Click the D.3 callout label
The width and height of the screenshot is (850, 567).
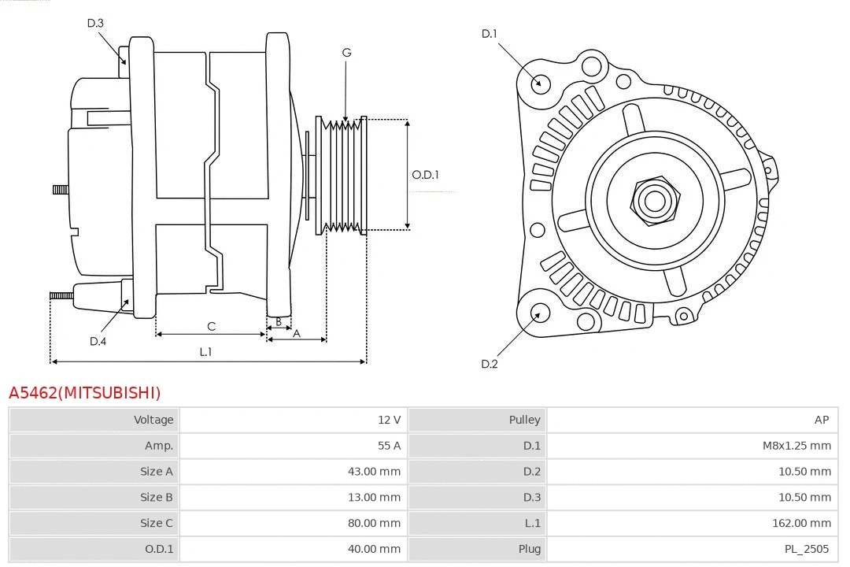point(95,23)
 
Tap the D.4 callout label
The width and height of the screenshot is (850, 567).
point(98,341)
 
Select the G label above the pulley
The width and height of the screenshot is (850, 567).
point(346,53)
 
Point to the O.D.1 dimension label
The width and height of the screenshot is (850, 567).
point(425,175)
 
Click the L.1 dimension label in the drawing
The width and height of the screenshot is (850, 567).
point(205,352)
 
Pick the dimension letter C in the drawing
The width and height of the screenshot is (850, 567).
point(211,326)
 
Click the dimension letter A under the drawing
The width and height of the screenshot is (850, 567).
point(297,333)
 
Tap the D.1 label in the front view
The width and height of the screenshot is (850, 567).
point(490,33)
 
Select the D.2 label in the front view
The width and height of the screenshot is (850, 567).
point(490,364)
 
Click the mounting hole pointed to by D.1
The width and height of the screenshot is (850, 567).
point(541,82)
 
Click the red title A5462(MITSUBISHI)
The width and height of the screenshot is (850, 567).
point(84,392)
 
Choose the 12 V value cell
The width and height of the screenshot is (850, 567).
point(389,420)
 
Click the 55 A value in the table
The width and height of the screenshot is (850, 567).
point(389,446)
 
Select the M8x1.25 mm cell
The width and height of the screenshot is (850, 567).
point(796,446)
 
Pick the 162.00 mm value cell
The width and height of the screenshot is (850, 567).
point(801,523)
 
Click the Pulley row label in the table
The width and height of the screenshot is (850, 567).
point(524,420)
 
